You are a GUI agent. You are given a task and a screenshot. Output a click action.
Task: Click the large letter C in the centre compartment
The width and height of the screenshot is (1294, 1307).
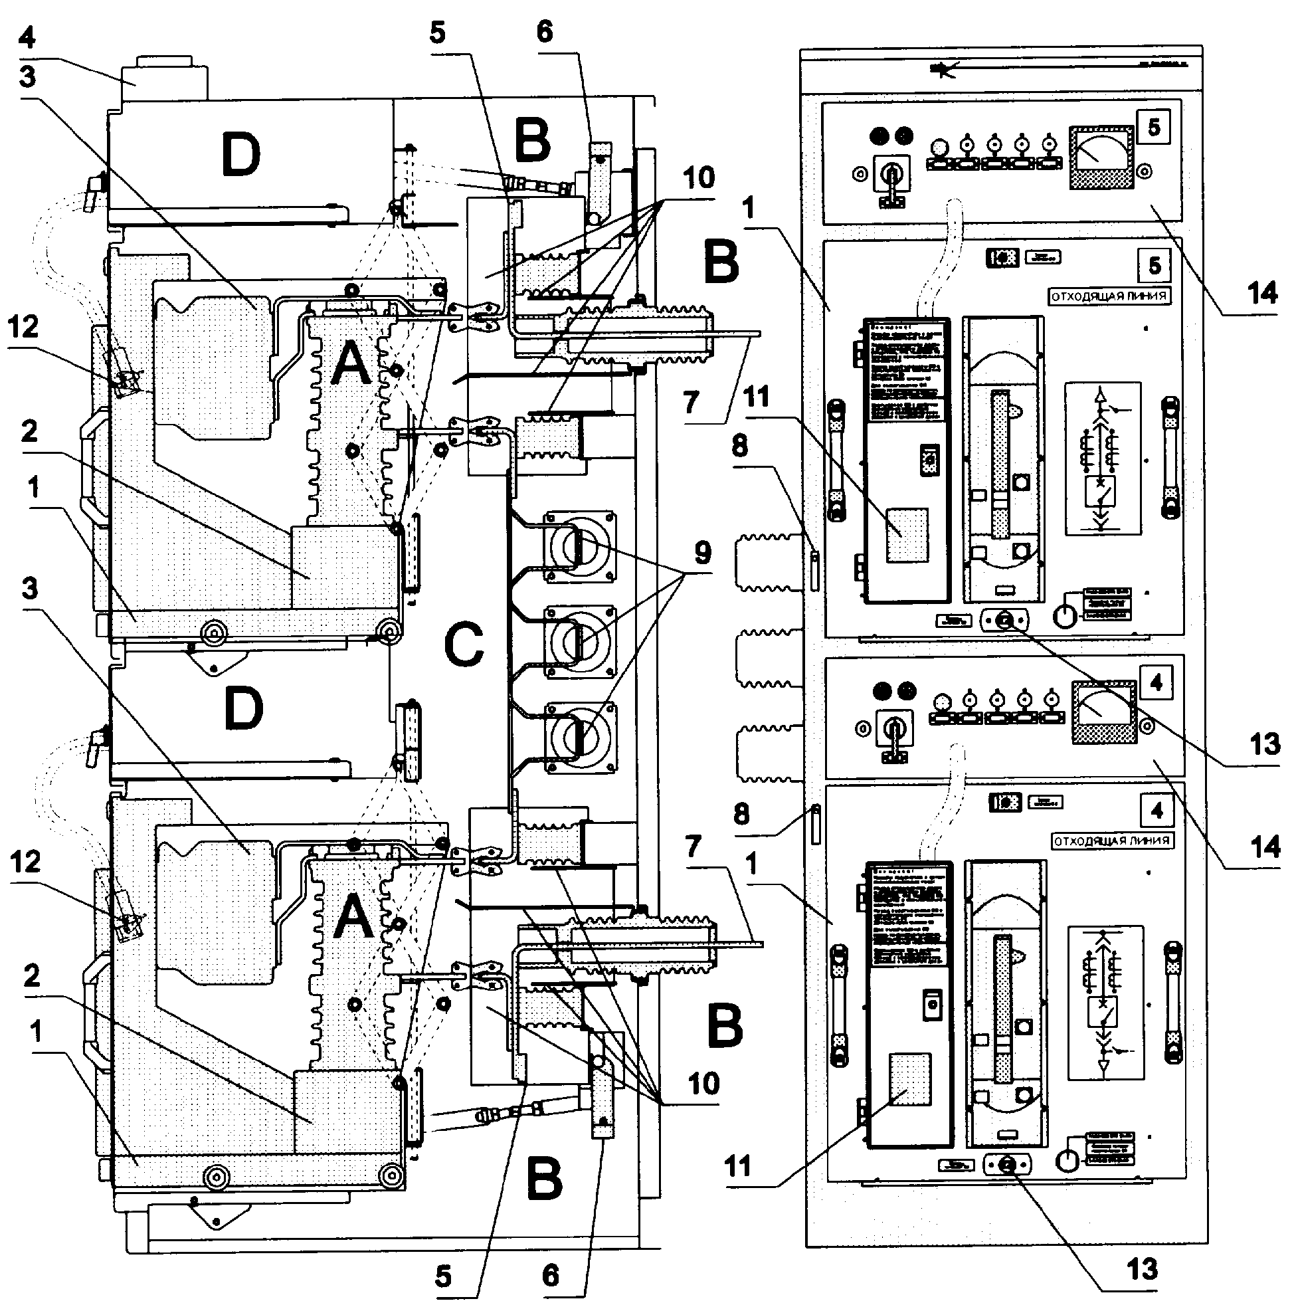(464, 645)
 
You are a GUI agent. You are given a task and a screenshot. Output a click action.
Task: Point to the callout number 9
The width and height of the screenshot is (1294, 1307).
(703, 553)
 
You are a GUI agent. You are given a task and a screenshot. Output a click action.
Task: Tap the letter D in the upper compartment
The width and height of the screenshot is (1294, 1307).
(241, 155)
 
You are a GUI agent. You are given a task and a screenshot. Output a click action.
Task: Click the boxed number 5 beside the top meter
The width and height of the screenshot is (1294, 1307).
(1154, 126)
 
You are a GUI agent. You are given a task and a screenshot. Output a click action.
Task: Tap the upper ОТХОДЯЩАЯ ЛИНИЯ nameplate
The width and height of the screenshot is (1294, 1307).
(1109, 296)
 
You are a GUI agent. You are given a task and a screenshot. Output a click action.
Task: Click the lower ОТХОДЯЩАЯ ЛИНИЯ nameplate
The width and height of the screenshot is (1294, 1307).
(1112, 841)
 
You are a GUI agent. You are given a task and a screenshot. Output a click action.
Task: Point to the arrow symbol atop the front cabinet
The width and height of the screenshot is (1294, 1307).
(942, 68)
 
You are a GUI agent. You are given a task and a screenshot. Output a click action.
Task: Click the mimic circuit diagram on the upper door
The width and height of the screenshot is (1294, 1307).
(1102, 458)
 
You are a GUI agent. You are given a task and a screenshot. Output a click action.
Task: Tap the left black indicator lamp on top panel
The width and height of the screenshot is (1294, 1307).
(880, 136)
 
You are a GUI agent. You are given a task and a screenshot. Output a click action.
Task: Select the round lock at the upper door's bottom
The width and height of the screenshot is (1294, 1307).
(1005, 619)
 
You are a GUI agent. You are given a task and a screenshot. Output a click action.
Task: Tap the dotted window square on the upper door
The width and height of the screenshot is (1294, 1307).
(907, 534)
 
